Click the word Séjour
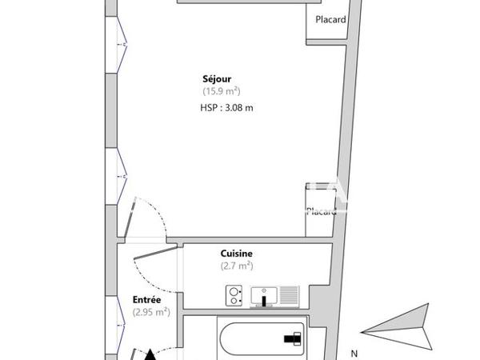click(217, 78)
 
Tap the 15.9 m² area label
click(221, 91)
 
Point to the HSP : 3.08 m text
click(226, 108)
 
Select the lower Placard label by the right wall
click(321, 211)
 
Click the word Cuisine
click(237, 253)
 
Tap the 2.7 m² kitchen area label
click(237, 266)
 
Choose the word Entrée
click(148, 300)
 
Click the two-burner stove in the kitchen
click(234, 295)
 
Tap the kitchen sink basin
click(263, 295)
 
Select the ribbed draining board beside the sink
click(288, 295)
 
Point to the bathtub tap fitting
click(290, 339)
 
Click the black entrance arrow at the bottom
click(150, 353)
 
